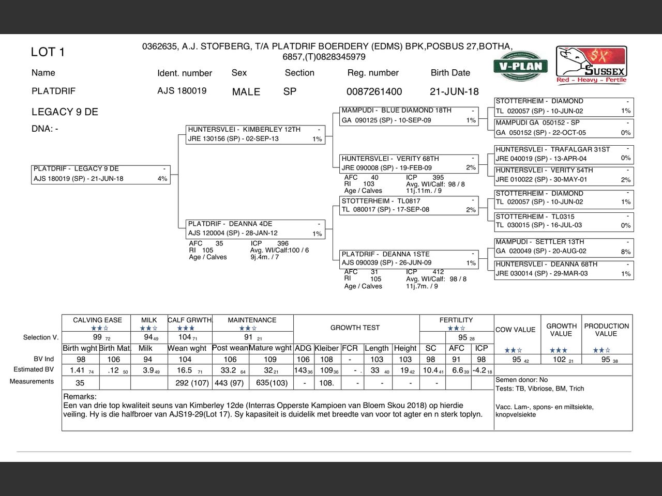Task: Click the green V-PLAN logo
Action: point(520,66)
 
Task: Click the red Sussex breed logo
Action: point(592,65)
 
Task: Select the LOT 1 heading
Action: point(48,52)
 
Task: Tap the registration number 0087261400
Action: point(374,91)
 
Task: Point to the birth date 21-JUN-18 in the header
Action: point(454,91)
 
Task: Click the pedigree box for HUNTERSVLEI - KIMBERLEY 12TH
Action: point(255,134)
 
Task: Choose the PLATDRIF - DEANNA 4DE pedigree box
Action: point(255,229)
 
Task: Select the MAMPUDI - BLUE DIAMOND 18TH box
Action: point(409,115)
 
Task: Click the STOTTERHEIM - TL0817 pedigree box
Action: point(409,205)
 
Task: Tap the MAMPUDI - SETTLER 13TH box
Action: point(563,246)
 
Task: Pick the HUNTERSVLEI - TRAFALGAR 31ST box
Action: point(563,154)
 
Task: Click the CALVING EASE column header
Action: point(97,320)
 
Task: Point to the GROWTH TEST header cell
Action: point(355,328)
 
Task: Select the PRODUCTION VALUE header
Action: point(606,330)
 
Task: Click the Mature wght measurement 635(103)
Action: point(271,383)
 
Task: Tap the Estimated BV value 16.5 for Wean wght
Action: point(185,370)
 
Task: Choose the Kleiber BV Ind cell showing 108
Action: point(326,360)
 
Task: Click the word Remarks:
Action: point(80,397)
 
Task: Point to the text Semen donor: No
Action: point(521,380)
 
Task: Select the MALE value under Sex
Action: point(246,92)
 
